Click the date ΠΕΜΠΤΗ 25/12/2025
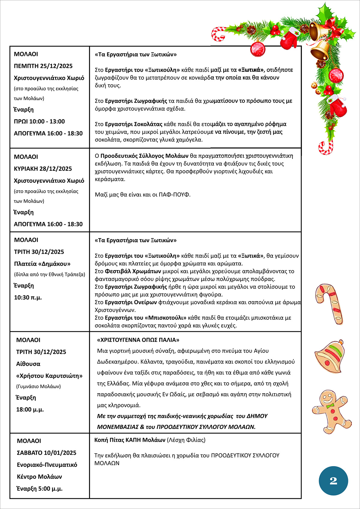pyautogui.click(x=43, y=66)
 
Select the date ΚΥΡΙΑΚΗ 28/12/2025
pyautogui.click(x=43, y=169)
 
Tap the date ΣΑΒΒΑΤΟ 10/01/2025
pyautogui.click(x=46, y=453)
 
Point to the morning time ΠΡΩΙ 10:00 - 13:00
pyautogui.click(x=39, y=121)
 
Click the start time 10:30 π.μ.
pyautogui.click(x=28, y=298)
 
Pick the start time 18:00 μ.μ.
pyautogui.click(x=30, y=409)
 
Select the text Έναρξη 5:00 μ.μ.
pyautogui.click(x=40, y=489)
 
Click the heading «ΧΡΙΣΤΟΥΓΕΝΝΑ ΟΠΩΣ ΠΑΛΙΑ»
pyautogui.click(x=138, y=340)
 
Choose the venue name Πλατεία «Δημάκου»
pyautogui.click(x=42, y=264)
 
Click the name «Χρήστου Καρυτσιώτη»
pyautogui.click(x=49, y=376)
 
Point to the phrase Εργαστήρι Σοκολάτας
pyautogui.click(x=133, y=124)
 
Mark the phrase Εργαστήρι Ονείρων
pyautogui.click(x=131, y=302)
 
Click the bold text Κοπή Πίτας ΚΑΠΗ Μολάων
pyautogui.click(x=130, y=440)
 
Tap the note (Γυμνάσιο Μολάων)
pyautogui.click(x=38, y=387)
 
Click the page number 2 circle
pyautogui.click(x=333, y=481)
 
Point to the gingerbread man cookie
pyautogui.click(x=331, y=411)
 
